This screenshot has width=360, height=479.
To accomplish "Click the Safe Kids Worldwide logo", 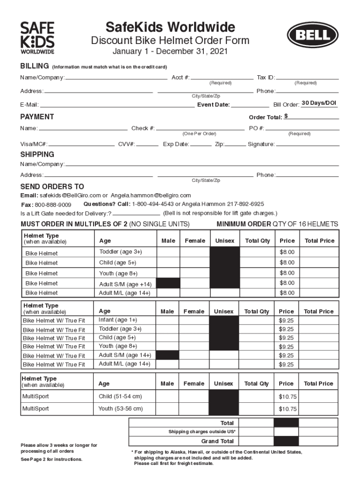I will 37,38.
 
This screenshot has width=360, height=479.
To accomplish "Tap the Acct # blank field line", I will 222,78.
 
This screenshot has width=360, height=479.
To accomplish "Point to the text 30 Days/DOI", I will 319,103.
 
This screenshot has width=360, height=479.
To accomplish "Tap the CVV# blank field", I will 147,145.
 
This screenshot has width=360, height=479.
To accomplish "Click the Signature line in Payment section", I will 307,145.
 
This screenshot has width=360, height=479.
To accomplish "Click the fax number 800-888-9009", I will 53,205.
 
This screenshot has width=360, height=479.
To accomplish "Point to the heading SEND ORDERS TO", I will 52,187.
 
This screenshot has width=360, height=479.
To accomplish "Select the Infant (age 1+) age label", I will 118,320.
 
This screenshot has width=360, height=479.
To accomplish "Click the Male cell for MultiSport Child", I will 167,397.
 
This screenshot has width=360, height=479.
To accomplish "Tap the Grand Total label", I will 217,441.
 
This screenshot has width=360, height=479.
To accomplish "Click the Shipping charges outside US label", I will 202,432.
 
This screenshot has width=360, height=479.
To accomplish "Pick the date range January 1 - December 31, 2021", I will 170,51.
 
